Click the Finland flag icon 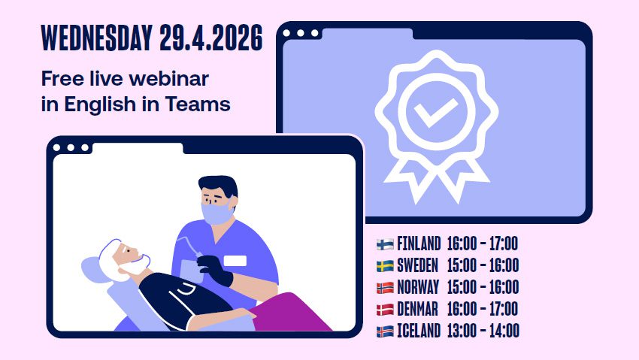385,244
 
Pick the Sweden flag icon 385,265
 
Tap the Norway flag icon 385,287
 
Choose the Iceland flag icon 385,331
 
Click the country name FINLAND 419,244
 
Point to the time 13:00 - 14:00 483,331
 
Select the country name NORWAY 418,287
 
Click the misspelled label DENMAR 418,309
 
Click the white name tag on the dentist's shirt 235,261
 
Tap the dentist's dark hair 218,186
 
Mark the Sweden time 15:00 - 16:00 483,265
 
